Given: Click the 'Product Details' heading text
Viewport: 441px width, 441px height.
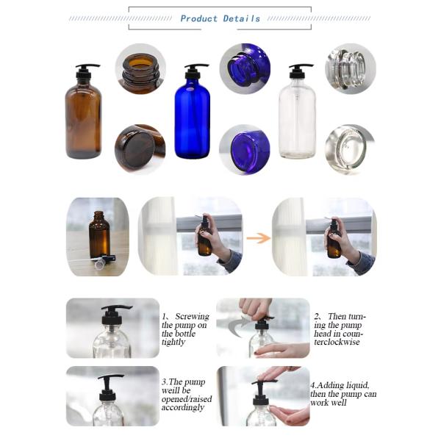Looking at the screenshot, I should point(220,18).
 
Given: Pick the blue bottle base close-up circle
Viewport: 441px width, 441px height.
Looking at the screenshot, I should point(245,148).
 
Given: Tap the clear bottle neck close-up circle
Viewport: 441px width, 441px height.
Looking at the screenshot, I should point(350,68).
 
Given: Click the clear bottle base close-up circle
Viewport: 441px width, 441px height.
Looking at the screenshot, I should point(350,148).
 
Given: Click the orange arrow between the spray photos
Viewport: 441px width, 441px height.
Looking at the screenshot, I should point(257,237).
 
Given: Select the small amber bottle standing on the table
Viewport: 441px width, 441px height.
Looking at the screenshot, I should point(98,235).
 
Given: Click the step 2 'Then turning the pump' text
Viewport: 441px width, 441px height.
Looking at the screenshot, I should point(340,329).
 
